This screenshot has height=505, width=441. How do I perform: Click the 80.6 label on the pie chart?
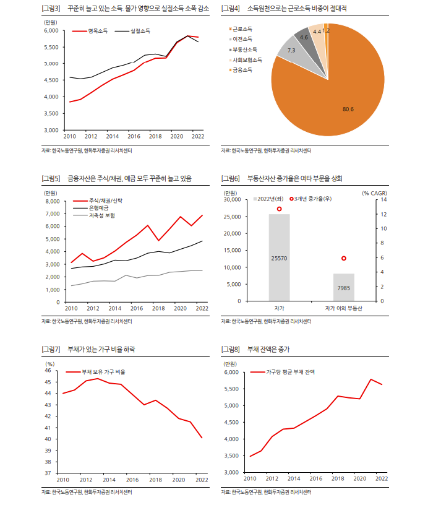(348, 109)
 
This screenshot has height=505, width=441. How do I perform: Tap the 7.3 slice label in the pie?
(291, 50)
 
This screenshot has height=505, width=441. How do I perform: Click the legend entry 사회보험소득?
(247, 60)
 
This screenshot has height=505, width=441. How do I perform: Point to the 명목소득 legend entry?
(98, 30)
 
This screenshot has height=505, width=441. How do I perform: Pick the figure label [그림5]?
(51, 179)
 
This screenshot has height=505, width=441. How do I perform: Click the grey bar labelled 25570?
(279, 257)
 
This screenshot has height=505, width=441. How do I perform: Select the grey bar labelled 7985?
(343, 287)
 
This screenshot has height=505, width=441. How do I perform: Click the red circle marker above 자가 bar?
(279, 209)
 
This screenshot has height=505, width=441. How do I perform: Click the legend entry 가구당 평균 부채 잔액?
(290, 372)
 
